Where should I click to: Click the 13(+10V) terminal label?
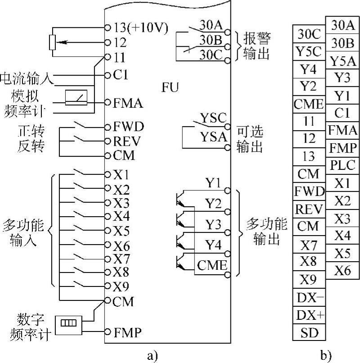(139, 28)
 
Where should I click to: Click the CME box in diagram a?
(211, 265)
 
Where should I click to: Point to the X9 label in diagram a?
(121, 286)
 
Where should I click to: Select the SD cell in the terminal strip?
(309, 333)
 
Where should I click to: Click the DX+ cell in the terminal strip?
(309, 315)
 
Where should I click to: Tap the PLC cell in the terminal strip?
(343, 164)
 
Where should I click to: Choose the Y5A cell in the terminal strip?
(343, 61)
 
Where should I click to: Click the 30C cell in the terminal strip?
(309, 34)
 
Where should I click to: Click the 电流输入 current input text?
(27, 78)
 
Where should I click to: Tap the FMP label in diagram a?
(127, 333)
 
